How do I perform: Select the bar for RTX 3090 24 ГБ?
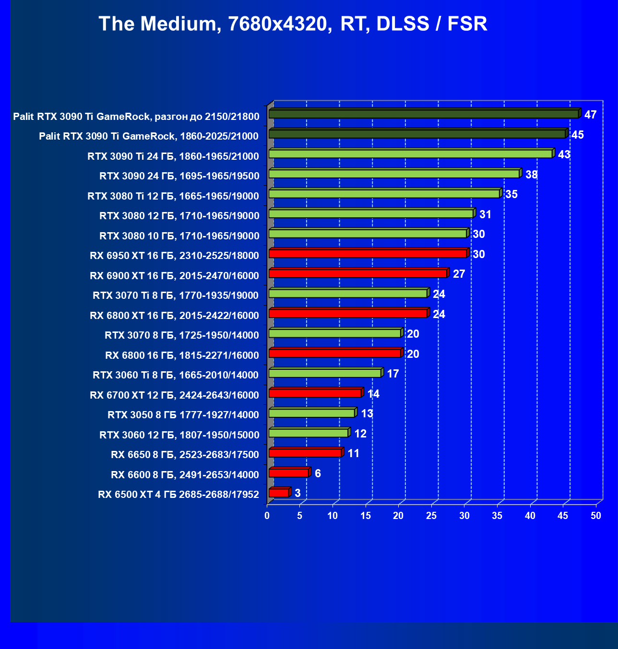tap(394, 174)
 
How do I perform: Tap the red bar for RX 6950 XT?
tap(368, 253)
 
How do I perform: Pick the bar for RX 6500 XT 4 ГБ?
tap(279, 493)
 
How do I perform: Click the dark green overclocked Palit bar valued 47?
tap(423, 114)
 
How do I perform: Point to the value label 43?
tap(564, 154)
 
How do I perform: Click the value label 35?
tap(511, 194)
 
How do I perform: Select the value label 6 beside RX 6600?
tap(318, 473)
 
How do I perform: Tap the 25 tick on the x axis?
tap(431, 516)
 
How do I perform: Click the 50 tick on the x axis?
tap(596, 516)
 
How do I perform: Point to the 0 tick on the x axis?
tap(267, 516)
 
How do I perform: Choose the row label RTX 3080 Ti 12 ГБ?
tap(173, 196)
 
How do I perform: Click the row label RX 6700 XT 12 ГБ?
tap(174, 395)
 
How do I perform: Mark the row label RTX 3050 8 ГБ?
tap(183, 415)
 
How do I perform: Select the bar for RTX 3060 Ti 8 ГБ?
tap(325, 373)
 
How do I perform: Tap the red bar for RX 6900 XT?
tap(357, 273)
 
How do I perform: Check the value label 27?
tap(459, 274)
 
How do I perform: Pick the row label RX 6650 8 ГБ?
tap(185, 455)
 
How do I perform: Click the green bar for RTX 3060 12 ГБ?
tap(308, 433)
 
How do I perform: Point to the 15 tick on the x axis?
tap(366, 516)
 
